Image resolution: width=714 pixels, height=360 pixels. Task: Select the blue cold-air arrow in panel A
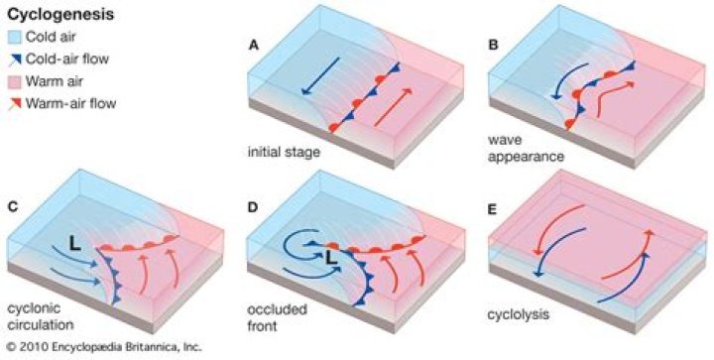(320, 78)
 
